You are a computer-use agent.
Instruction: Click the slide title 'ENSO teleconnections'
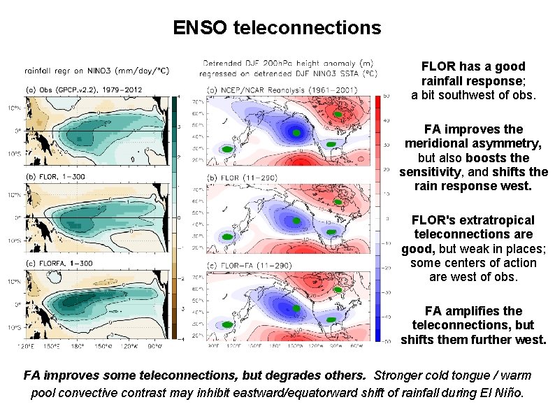coord(277,28)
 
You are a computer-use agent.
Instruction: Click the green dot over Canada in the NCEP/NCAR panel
coord(337,113)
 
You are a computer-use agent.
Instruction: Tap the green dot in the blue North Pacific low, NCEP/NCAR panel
coord(296,133)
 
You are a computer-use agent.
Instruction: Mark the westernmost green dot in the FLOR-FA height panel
coord(227,325)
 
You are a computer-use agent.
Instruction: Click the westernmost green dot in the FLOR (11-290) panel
coord(227,238)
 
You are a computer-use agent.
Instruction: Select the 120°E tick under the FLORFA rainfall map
coord(28,345)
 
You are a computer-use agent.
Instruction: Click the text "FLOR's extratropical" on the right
coord(473,220)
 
